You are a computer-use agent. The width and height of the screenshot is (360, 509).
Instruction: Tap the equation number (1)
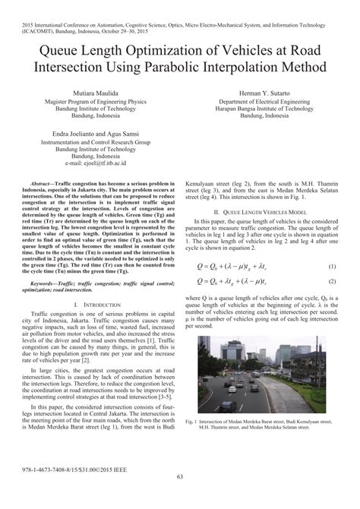coord(332,266)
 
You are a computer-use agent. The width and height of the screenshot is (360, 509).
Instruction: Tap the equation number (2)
coord(332,281)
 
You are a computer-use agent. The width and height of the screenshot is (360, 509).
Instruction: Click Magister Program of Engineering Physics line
coord(90,101)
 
